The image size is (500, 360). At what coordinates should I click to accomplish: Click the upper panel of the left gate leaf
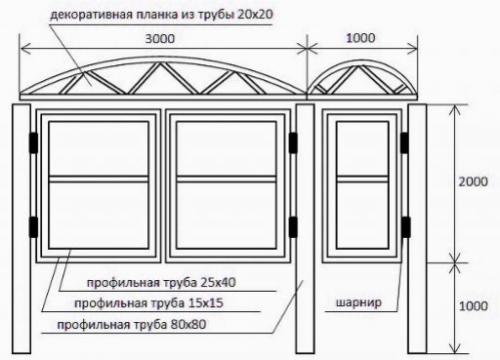(x=98, y=148)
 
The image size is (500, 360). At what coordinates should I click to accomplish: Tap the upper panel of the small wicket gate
(x=362, y=148)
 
